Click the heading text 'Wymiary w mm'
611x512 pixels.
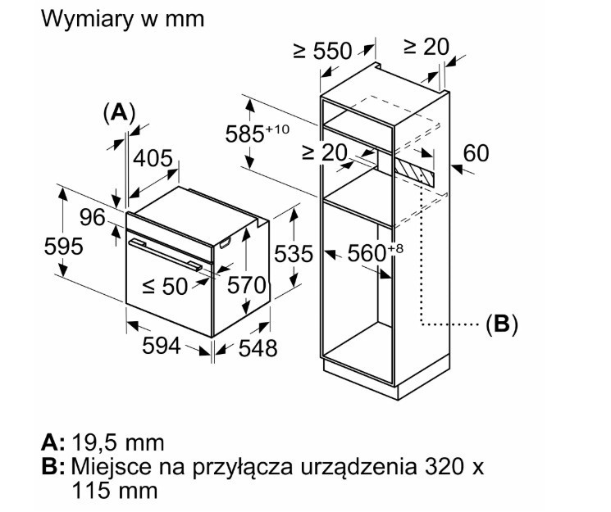[x=122, y=19]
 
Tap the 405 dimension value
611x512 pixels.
[x=153, y=158]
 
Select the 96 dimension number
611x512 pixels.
[x=93, y=217]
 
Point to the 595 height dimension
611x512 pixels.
[x=63, y=246]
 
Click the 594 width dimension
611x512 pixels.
[x=162, y=346]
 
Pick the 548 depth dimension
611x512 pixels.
[x=258, y=347]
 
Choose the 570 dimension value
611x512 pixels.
[x=246, y=284]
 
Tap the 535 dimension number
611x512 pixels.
[x=294, y=254]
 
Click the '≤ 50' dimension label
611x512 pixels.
[x=165, y=286]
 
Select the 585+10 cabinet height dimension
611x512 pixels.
[x=258, y=133]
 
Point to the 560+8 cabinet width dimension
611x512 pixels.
[x=376, y=252]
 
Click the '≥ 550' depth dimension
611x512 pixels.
[x=322, y=51]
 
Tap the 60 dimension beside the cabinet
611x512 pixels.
[x=476, y=152]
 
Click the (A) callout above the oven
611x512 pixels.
[x=119, y=113]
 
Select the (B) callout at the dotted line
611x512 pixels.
[x=502, y=323]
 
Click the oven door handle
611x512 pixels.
[x=166, y=255]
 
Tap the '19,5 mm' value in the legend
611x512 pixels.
[x=118, y=442]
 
